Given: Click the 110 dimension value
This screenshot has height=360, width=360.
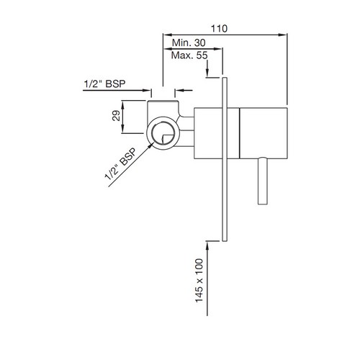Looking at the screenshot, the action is point(219,29).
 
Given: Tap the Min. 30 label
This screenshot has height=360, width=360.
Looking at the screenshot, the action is point(189,42).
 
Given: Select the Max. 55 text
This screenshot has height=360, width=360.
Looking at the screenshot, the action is point(189,55).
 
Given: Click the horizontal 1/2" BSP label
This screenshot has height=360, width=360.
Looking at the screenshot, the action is point(104,84).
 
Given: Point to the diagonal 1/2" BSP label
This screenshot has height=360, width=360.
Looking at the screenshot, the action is point(120,164).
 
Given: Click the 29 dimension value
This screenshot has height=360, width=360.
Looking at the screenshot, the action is point(116,116).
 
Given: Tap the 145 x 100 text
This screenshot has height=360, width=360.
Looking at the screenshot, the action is point(199,280).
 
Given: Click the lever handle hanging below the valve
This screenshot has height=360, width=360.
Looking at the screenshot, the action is point(263,181).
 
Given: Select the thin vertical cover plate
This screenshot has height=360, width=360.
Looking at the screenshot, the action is point(225,159).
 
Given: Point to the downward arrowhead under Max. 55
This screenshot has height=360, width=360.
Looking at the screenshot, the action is point(207,71).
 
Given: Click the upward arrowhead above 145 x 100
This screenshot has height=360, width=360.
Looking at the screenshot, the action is point(207,246).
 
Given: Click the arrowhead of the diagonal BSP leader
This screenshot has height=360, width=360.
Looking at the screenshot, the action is point(151,145).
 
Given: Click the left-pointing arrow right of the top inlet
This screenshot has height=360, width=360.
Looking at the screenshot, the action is point(184,90).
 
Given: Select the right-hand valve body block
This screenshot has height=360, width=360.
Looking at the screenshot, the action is point(264,133).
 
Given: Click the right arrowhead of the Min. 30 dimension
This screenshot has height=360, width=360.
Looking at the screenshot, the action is point(217,49).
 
